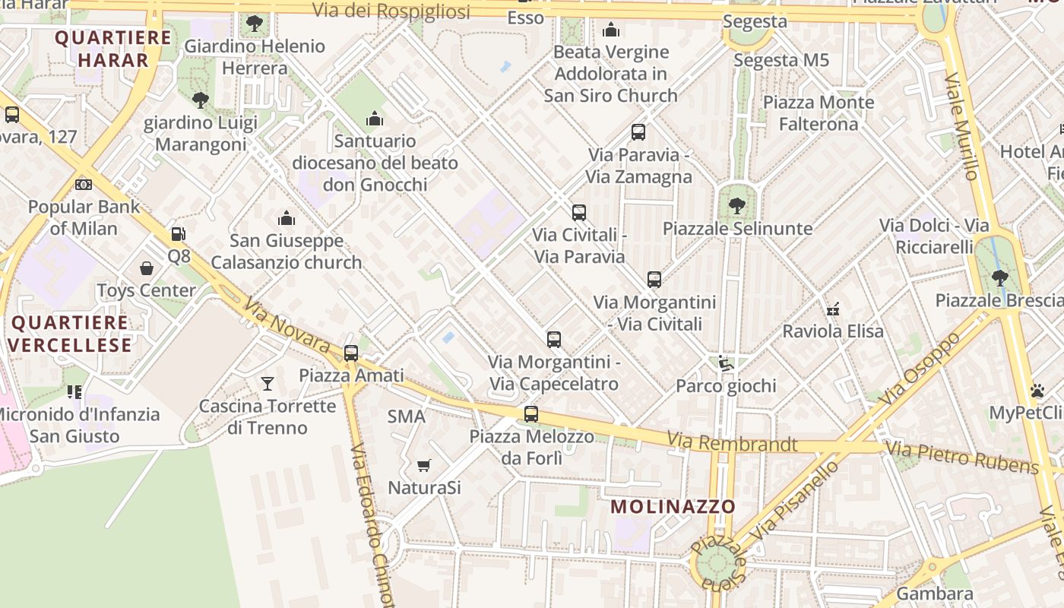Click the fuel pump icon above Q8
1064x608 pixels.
click(x=178, y=234)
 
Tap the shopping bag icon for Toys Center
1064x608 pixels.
click(x=147, y=268)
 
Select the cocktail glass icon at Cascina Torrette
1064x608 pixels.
click(x=267, y=384)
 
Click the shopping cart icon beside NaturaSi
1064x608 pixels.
click(x=424, y=465)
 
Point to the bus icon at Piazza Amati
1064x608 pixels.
click(x=350, y=353)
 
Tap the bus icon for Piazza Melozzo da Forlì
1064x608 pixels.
click(x=531, y=414)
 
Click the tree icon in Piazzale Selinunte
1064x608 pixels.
click(x=736, y=205)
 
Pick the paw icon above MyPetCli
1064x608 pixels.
click(x=1037, y=391)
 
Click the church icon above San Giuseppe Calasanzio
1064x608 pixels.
click(x=287, y=219)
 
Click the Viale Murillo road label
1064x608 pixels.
click(x=962, y=126)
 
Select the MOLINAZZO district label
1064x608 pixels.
click(x=673, y=506)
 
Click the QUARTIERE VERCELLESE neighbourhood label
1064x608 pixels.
click(x=71, y=334)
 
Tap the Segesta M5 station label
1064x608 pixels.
click(x=781, y=60)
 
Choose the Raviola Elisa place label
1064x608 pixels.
click(x=833, y=331)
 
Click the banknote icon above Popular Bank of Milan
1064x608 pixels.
click(x=84, y=185)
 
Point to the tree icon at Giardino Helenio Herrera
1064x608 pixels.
click(x=255, y=24)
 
